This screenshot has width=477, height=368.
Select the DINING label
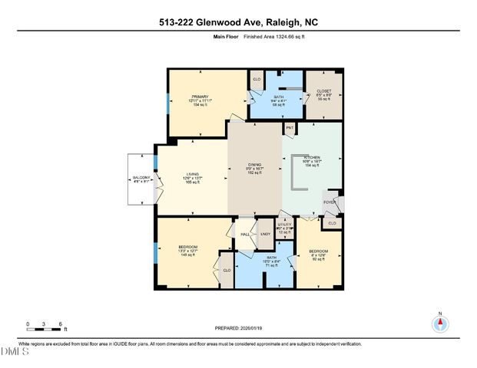pyautogui.click(x=254, y=165)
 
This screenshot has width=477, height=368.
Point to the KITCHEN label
pyautogui.click(x=310, y=157)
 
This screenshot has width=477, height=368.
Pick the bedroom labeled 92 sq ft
pyautogui.click(x=318, y=251)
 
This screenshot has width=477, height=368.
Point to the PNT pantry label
pyautogui.click(x=290, y=127)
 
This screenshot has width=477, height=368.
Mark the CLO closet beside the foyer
pyautogui.click(x=332, y=223)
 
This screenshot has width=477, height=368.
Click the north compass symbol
pyautogui.click(x=439, y=322)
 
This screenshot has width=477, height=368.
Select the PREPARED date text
pyautogui.click(x=238, y=327)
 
